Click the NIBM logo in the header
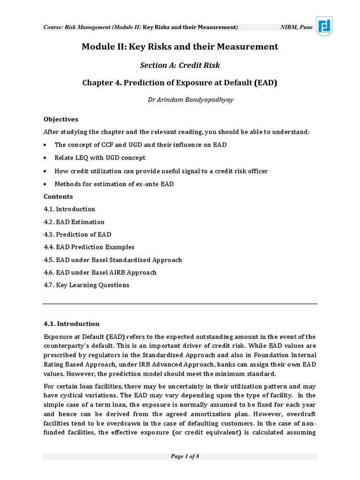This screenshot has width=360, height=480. click(324, 26)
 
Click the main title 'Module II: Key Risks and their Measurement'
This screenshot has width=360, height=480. click(180, 47)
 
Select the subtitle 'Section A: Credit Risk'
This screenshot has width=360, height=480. click(180, 65)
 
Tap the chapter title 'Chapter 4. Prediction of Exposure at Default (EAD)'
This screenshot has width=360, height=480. click(180, 83)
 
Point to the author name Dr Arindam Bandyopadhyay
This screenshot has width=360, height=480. click(180, 101)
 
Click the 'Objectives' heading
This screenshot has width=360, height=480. click(61, 120)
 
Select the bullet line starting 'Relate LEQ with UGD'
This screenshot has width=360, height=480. click(100, 158)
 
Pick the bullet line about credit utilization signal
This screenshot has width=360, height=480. click(161, 171)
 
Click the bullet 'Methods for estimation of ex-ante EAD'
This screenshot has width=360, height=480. click(114, 184)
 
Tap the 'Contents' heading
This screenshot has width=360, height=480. click(58, 196)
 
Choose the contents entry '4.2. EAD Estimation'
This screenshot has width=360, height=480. click(74, 222)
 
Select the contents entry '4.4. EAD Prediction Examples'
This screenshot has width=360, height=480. click(89, 247)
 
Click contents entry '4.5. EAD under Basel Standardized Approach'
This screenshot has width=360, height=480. click(112, 260)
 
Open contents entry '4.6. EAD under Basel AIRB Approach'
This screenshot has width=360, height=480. click(100, 272)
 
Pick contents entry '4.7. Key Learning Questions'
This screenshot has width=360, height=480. click(86, 285)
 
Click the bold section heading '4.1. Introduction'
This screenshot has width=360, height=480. click(71, 323)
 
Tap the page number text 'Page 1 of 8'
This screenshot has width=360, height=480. click(180, 457)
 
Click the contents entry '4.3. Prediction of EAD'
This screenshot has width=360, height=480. click(77, 234)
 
